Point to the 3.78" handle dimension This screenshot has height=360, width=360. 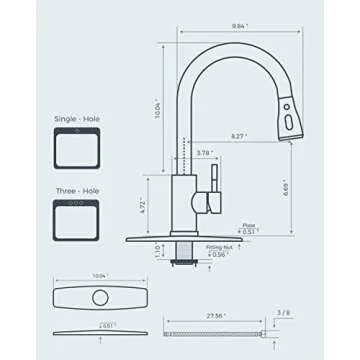coord(205,153)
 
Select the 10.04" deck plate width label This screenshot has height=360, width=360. coord(98,277)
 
